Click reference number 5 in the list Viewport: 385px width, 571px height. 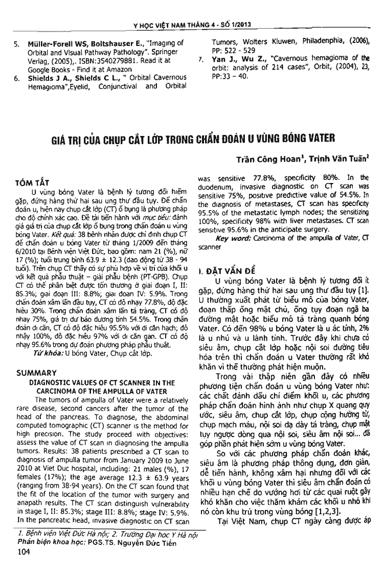tap(16, 45)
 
